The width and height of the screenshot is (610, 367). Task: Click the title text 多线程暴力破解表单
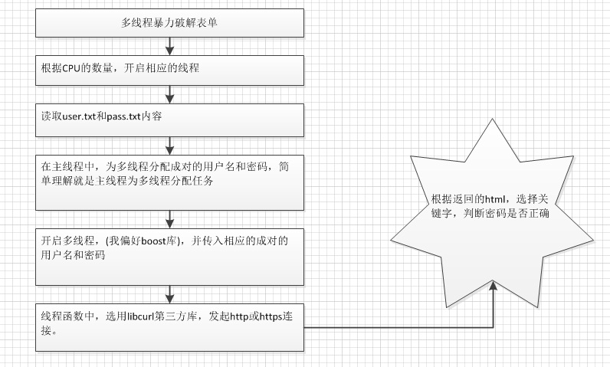point(169,23)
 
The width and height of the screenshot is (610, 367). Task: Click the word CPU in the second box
point(71,68)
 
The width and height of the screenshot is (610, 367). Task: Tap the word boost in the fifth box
point(154,241)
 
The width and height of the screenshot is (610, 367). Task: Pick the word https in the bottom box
point(271,317)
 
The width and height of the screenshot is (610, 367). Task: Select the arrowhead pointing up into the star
point(493,285)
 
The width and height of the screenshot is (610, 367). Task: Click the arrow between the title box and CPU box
point(169,46)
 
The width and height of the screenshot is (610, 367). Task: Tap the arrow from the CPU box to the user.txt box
point(169,94)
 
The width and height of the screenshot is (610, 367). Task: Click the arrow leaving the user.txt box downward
point(169,146)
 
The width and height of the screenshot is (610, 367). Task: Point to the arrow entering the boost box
point(169,219)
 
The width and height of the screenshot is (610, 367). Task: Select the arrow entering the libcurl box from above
point(169,294)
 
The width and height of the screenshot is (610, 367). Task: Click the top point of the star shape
point(492,119)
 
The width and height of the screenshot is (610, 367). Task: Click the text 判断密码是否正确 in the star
point(506,214)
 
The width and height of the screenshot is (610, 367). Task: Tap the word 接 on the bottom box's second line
point(46,330)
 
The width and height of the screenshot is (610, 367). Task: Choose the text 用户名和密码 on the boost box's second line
point(73,255)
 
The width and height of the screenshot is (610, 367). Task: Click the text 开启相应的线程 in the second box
point(162,68)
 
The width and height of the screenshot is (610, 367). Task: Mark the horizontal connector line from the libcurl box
point(398,327)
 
